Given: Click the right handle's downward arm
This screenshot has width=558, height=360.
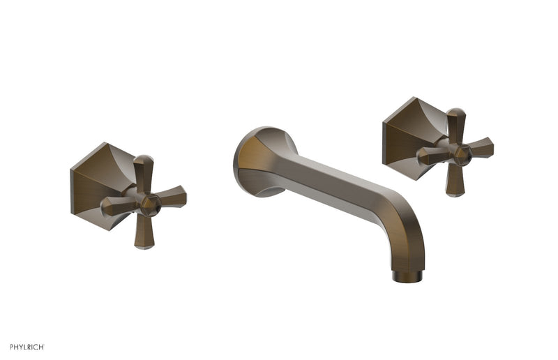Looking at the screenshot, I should pos(453,181).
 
